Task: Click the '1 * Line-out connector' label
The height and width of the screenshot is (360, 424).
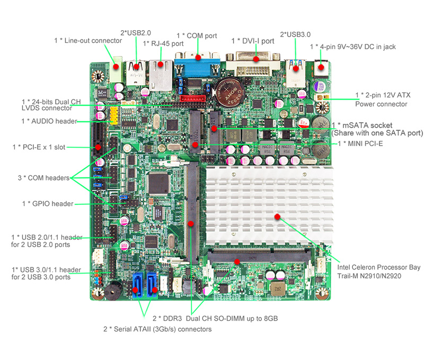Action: click(88, 40)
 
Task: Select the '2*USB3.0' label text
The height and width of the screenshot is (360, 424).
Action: click(295, 34)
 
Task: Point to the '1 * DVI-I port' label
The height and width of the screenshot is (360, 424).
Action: click(253, 41)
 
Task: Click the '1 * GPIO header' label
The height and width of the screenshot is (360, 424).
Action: click(48, 204)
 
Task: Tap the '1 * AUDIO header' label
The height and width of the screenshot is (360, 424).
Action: click(49, 121)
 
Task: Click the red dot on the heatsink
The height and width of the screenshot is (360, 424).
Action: click(277, 217)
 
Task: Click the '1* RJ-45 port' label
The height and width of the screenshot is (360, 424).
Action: click(163, 43)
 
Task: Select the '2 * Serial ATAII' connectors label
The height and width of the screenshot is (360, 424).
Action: click(157, 329)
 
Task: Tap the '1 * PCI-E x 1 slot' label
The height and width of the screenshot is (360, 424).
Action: click(39, 147)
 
